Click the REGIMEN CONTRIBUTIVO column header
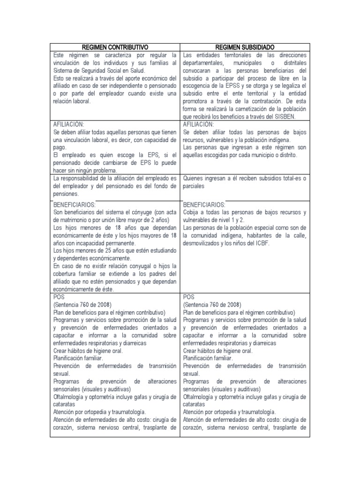click(x=114, y=47)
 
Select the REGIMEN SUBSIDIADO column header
click(x=245, y=47)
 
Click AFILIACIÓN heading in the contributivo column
click(x=69, y=124)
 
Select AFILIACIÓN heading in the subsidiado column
click(x=198, y=124)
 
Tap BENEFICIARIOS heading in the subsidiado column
click(x=204, y=205)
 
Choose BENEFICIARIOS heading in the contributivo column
click(x=75, y=205)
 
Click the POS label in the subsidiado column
click(x=189, y=297)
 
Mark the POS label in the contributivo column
click(x=59, y=297)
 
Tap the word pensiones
click(x=66, y=193)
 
